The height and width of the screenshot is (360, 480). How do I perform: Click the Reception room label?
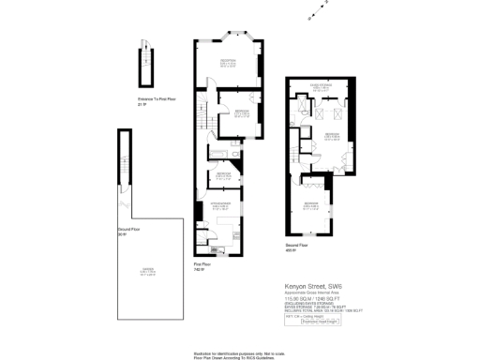[x=228, y=63]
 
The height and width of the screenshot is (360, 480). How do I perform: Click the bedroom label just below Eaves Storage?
[x=331, y=137]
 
